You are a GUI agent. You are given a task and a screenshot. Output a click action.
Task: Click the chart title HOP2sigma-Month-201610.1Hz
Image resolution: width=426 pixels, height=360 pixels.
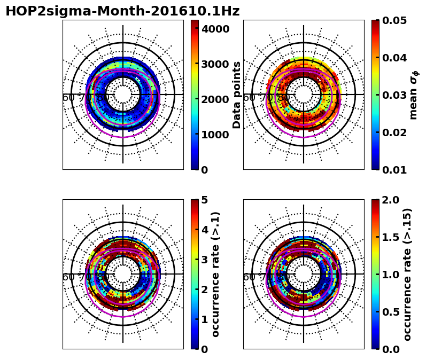122,11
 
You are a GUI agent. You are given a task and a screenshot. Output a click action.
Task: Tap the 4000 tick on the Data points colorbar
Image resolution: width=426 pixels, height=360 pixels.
215,28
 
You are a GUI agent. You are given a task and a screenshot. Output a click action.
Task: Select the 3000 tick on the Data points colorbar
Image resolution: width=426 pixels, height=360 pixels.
215,64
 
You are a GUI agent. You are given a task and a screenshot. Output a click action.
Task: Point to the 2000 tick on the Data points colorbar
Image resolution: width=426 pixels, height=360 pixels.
215,99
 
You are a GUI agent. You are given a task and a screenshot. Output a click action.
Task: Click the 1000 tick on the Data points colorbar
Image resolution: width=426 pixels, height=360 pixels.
215,134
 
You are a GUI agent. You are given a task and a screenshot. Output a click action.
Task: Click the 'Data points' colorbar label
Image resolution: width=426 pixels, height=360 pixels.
237,95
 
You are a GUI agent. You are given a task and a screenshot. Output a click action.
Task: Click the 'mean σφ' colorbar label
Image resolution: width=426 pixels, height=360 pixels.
413,95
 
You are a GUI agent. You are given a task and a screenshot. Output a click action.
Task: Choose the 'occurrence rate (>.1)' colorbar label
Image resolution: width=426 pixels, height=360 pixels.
216,274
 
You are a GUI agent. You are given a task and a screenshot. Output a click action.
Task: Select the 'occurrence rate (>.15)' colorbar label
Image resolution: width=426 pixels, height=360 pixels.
407,274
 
